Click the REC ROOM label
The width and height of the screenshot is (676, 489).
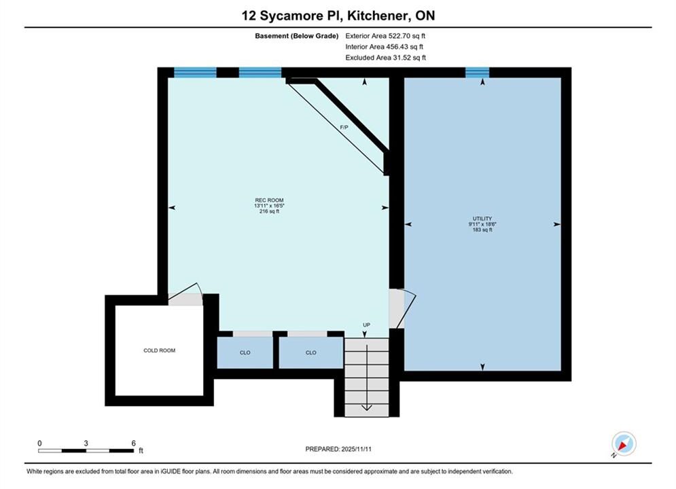[269, 200]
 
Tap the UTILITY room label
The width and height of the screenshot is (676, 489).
[482, 219]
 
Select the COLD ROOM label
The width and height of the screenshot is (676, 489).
[160, 350]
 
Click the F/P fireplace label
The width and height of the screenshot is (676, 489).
[344, 128]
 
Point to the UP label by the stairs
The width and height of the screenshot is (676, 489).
[366, 325]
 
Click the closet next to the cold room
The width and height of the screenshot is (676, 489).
[245, 353]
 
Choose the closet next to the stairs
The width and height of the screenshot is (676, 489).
[311, 353]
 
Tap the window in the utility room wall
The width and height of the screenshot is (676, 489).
[477, 73]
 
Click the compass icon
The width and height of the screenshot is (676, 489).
[624, 443]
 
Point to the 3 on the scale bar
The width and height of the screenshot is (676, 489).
[86, 443]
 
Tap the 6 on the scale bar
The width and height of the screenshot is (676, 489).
[134, 443]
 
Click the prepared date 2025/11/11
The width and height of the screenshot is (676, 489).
[356, 449]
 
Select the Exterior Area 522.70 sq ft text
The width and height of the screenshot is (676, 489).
[385, 36]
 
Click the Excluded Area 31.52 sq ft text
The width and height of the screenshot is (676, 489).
[386, 58]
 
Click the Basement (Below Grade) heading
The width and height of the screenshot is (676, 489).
[297, 36]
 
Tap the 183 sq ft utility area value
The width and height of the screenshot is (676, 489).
[482, 230]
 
